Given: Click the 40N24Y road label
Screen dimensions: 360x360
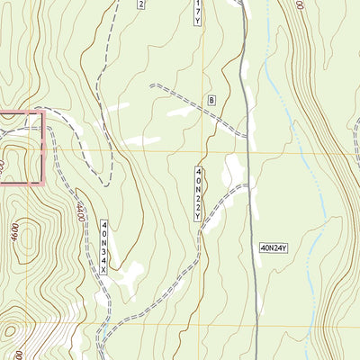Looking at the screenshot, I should [278, 246].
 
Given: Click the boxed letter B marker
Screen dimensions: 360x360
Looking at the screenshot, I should [212, 99].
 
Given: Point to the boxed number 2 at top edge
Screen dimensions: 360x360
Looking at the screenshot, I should [140, 4].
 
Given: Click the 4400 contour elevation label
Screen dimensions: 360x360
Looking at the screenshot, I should [80, 214].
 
